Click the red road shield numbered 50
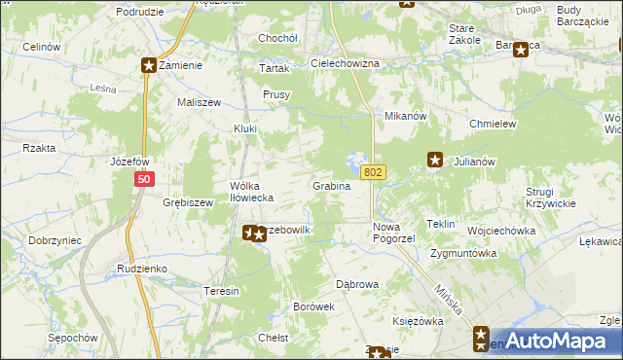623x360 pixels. tap(145, 179)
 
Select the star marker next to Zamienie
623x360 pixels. tap(149, 65)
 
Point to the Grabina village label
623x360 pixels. tap(331, 185)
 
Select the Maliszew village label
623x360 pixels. tap(200, 102)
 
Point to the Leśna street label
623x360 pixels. tap(103, 87)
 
